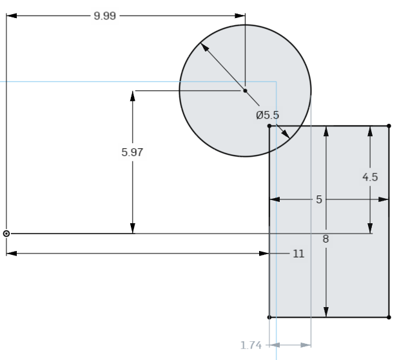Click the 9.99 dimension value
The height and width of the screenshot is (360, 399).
[105, 15]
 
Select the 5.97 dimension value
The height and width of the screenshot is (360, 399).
[132, 153]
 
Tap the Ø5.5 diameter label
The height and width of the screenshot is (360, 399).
[268, 115]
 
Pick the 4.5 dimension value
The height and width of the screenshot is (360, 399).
[370, 177]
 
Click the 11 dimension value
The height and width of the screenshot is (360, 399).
[298, 254]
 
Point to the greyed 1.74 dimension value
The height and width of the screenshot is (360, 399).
[251, 345]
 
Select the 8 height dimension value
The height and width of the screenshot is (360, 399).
[326, 239]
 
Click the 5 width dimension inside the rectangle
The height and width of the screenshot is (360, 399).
[318, 199]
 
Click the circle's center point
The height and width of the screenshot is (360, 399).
[245, 91]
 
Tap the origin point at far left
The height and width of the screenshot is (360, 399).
[6, 233]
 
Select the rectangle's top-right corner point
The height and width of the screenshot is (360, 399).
[389, 126]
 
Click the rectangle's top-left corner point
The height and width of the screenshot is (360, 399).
[269, 126]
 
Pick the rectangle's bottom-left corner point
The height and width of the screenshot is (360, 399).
[269, 317]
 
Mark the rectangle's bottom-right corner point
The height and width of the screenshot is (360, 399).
[389, 317]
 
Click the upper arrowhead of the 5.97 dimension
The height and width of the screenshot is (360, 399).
[132, 95]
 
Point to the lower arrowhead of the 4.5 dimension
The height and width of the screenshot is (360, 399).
[370, 228]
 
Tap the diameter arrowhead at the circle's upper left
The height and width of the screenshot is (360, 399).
[204, 47]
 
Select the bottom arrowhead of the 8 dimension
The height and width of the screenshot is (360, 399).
[326, 312]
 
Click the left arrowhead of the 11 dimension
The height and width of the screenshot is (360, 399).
[11, 254]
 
